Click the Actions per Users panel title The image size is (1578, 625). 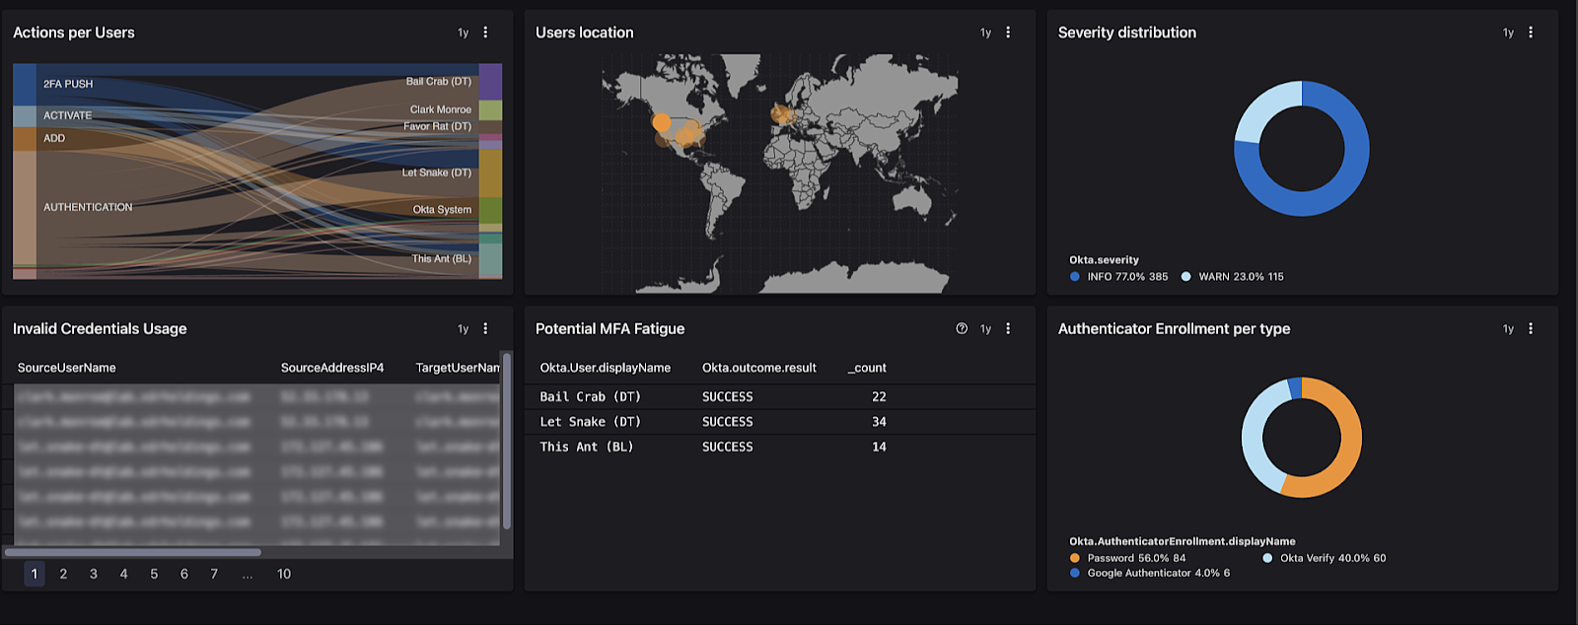pos(74,33)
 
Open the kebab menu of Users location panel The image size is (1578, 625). pos(1008,33)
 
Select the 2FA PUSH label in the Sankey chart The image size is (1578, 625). pos(68,84)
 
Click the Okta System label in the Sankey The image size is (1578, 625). pos(442,210)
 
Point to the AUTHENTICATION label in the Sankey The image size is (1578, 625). pos(88,207)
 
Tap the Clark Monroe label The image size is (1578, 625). pos(441,109)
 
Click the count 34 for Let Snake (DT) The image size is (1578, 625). pos(879,422)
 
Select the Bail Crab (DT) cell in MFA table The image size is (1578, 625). pos(590,396)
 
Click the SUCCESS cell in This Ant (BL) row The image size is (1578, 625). pos(727,447)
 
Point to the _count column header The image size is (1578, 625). pos(867,368)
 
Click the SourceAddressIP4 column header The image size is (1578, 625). pos(332,368)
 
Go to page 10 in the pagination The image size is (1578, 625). pos(284,574)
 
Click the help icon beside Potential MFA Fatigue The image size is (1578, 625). pos(962,329)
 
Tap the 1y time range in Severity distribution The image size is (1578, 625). pos(1508,33)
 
